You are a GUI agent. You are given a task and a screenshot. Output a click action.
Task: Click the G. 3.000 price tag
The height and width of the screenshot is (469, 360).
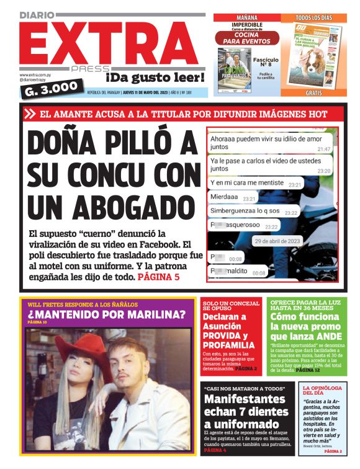53,89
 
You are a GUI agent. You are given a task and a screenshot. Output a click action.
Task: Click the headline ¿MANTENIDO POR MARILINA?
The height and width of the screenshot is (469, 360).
106,315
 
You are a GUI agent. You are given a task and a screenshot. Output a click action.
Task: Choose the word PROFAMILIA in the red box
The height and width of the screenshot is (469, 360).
228,345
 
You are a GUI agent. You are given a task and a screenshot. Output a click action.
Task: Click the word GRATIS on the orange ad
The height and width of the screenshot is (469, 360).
313,92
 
